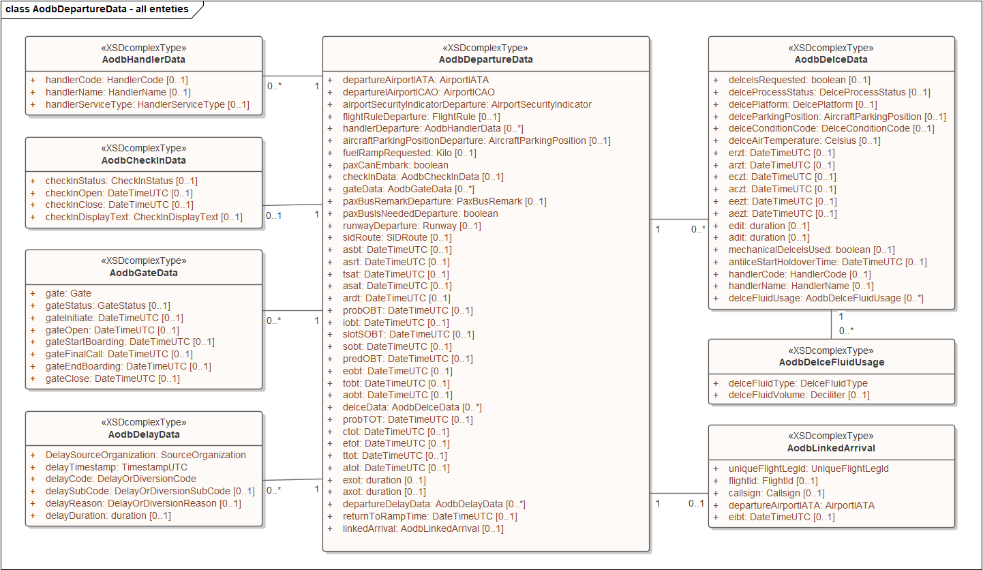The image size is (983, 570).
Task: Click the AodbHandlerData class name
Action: [x=143, y=59]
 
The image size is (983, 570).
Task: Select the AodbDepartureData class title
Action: [x=485, y=59]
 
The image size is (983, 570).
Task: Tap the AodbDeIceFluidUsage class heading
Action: [x=831, y=362]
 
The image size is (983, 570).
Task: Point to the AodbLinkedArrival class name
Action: [x=831, y=448]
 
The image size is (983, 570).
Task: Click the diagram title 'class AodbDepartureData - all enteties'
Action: [x=97, y=9]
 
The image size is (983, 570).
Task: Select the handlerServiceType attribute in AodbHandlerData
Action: [x=147, y=104]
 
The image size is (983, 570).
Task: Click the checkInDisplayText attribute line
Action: [x=144, y=217]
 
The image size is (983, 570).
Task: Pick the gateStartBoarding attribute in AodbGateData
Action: [x=130, y=342]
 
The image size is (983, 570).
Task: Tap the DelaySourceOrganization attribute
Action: [x=145, y=455]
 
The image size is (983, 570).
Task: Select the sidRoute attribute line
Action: [x=397, y=237]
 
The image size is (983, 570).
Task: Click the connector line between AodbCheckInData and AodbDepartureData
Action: [x=292, y=205]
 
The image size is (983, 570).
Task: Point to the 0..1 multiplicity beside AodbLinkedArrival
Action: [x=696, y=504]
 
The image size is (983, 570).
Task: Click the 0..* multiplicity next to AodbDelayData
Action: [x=273, y=490]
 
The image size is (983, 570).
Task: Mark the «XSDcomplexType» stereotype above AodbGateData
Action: [x=143, y=260]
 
